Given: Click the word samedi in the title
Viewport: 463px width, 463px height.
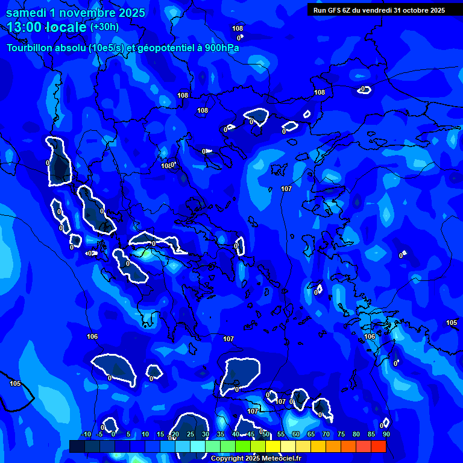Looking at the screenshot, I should [x=28, y=13].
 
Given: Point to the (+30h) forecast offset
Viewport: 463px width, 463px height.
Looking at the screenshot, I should [x=104, y=27].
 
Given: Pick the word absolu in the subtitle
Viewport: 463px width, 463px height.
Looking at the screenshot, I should [x=78, y=48].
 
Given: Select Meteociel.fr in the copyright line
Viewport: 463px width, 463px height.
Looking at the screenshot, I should [x=282, y=459].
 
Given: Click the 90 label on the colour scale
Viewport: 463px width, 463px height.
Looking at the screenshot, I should [x=386, y=434].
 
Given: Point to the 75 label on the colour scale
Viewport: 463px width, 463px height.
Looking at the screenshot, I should [x=341, y=434].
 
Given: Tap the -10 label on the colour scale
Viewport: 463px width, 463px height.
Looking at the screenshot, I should [x=86, y=434].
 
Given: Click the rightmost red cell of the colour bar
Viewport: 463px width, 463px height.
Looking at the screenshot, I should [x=378, y=446].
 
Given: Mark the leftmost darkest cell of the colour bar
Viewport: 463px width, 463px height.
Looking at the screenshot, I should [x=77, y=446].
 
